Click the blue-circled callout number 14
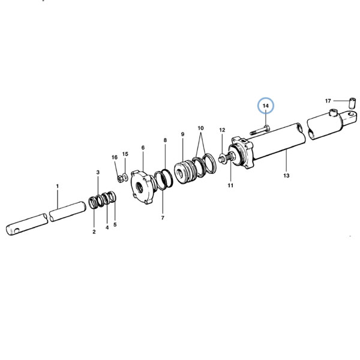coord(266,106)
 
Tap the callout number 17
coord(328,101)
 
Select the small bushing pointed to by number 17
coord(352,103)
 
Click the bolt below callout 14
coord(260,130)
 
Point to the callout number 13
coord(286,176)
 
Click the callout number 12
coord(222,130)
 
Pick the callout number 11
coord(230,185)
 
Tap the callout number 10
coord(200,128)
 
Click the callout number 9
coord(183,134)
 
